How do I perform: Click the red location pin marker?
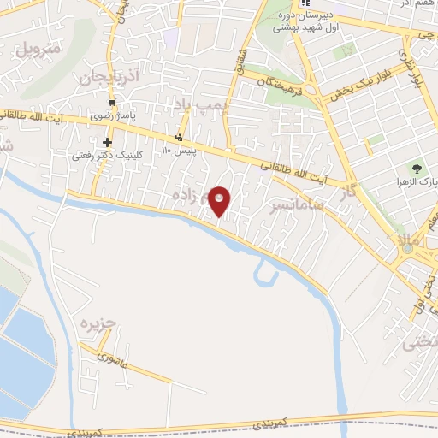coord(221,200)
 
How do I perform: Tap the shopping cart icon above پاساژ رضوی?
coord(111,100)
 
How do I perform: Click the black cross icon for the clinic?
coord(107,142)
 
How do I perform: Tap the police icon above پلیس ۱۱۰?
coord(179,138)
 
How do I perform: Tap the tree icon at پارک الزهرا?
coord(417,169)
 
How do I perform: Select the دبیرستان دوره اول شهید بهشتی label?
coord(302,21)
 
